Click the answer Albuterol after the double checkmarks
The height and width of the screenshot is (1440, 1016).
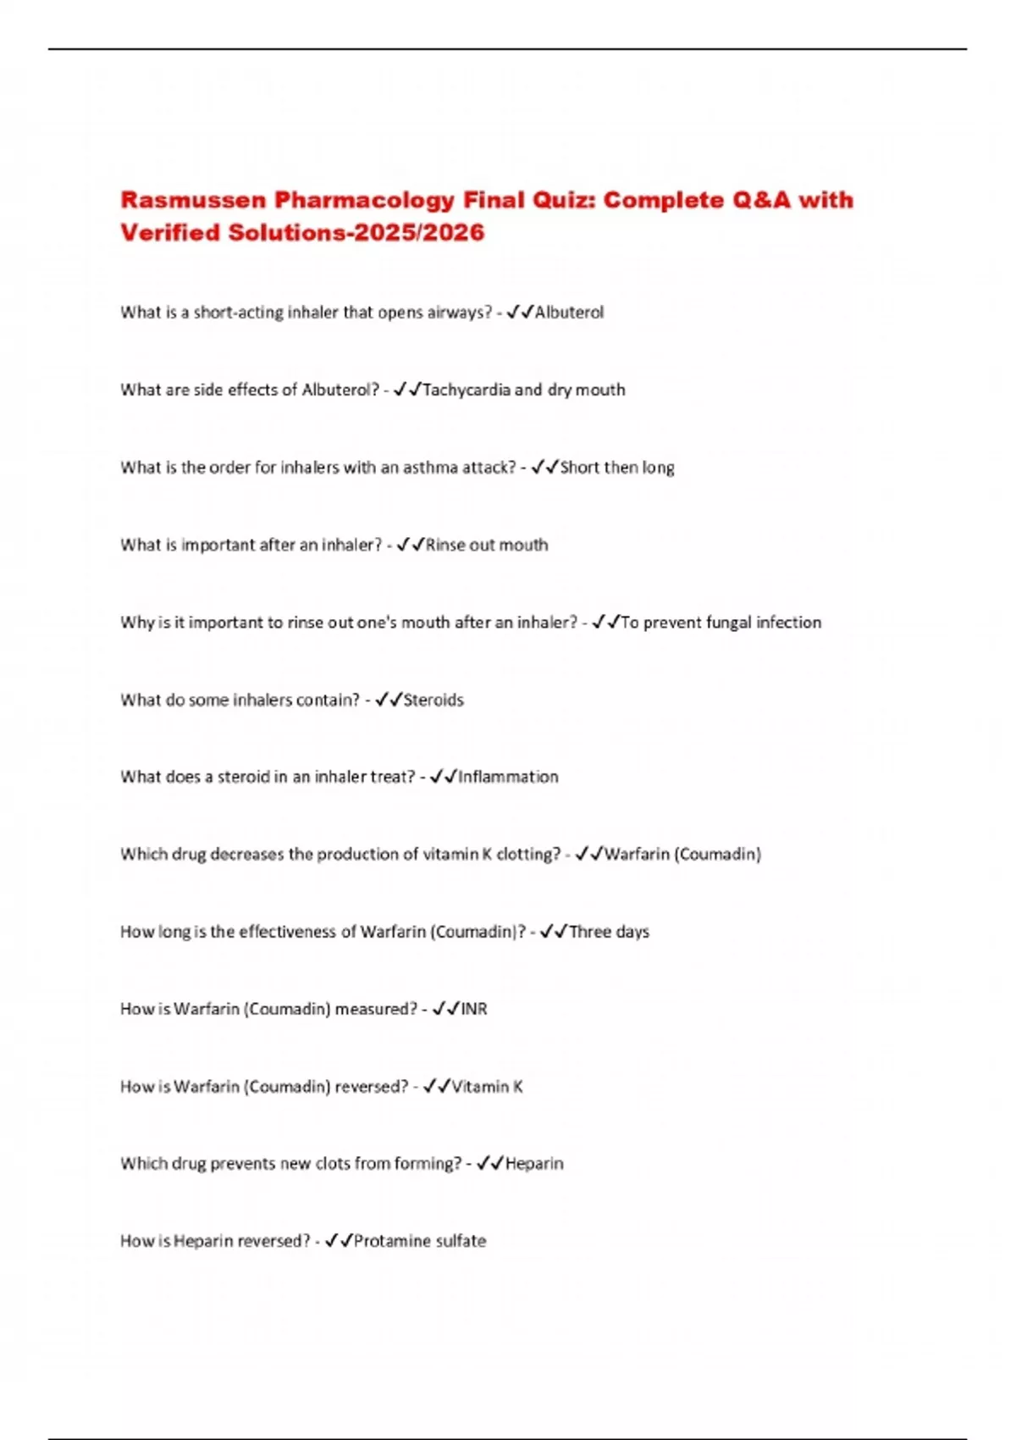coord(569,313)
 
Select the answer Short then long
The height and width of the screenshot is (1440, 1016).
coord(617,468)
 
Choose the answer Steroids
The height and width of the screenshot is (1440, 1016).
coord(433,701)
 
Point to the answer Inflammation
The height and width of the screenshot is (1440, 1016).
coord(508,777)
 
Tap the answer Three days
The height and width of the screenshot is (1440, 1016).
coord(609,932)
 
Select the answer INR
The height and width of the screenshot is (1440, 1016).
coord(474,1009)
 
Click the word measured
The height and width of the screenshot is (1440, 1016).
coord(376,1009)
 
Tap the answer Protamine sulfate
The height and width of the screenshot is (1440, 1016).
coord(420,1241)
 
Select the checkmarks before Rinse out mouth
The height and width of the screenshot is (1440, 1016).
coord(410,545)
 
